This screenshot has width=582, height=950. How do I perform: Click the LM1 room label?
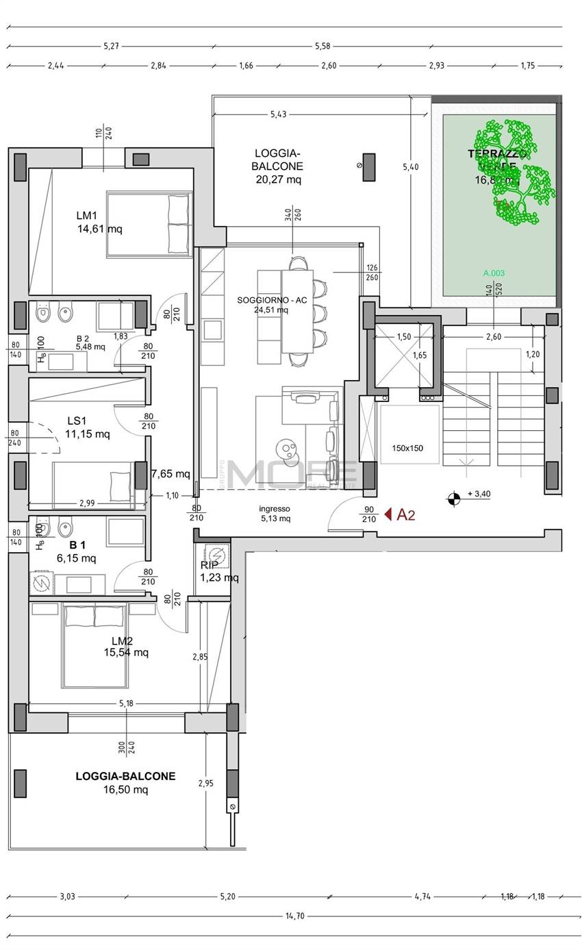[x=86, y=216]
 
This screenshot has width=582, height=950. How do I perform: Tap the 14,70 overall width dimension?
[x=294, y=916]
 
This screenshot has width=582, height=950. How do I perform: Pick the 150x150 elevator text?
[x=407, y=449]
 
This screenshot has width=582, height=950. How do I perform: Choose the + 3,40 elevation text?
[x=479, y=494]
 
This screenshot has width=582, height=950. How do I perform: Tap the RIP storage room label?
[x=209, y=565]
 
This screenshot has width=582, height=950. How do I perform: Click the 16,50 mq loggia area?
[x=125, y=790]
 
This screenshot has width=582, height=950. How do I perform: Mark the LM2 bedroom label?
[x=122, y=641]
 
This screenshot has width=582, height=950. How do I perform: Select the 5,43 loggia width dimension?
[x=278, y=114]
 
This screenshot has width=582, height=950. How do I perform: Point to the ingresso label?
[x=275, y=509]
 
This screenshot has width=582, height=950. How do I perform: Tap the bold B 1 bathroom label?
[x=77, y=545]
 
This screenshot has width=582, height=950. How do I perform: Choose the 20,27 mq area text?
[x=277, y=179]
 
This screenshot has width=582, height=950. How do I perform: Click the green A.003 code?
[x=494, y=273]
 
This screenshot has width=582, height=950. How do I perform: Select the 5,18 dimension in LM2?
[x=126, y=703]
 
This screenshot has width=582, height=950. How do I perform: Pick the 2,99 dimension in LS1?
[x=87, y=503]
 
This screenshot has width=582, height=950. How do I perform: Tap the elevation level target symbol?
[x=453, y=498]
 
